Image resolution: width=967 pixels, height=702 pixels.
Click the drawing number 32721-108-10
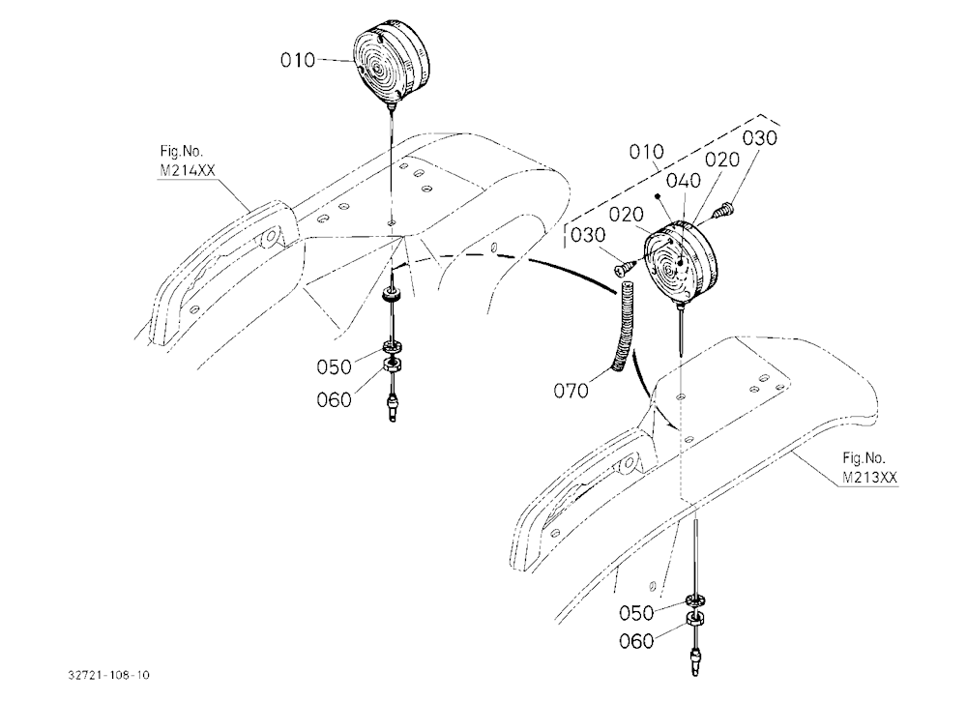click(108, 675)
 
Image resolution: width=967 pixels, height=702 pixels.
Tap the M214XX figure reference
click(188, 170)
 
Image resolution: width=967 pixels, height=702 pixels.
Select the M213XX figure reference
click(869, 477)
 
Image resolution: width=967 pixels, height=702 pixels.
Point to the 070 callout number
click(571, 391)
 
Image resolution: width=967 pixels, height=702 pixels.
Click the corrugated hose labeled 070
click(622, 327)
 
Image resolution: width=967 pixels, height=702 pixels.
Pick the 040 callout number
click(684, 181)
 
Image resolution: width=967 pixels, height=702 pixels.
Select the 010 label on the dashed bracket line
click(647, 151)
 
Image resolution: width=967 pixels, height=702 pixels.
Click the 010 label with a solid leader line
click(298, 61)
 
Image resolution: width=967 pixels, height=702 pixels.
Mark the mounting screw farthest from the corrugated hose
click(722, 210)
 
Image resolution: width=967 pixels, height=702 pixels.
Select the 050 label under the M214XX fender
click(335, 367)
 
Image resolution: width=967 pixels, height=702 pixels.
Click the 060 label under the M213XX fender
click(636, 641)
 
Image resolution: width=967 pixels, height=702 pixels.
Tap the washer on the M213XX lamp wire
click(695, 600)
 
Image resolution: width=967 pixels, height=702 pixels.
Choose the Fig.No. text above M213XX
click(864, 458)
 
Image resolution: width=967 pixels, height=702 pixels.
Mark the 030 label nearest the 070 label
click(588, 235)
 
